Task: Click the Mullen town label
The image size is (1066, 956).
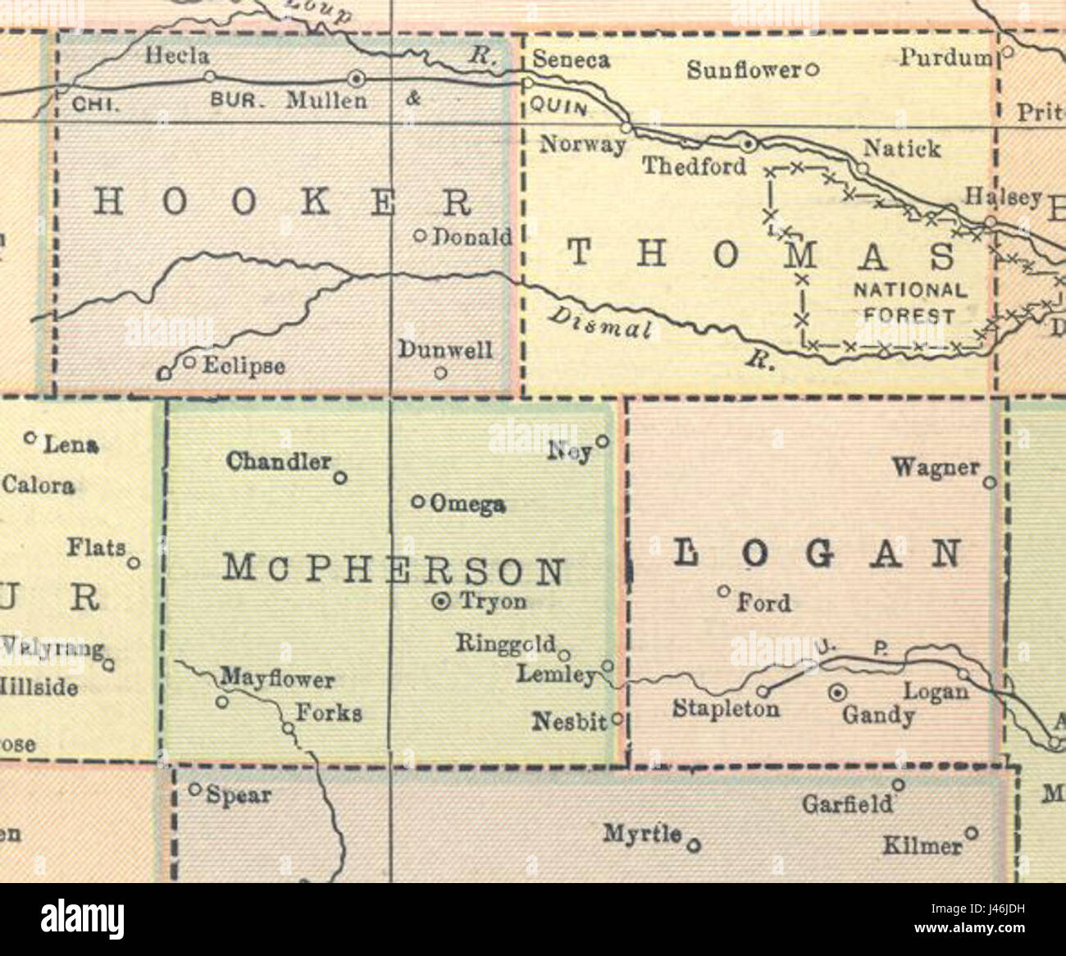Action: [326, 101]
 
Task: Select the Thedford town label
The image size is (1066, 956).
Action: [694, 166]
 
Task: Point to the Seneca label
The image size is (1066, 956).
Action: [571, 60]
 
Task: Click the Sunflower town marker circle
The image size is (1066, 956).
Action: [812, 70]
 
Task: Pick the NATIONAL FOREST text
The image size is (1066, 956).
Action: [910, 303]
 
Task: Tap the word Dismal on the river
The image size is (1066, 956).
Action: [599, 322]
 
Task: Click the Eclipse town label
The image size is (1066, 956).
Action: [244, 366]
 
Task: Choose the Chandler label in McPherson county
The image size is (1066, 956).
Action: [279, 462]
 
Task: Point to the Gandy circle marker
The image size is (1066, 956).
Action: [836, 693]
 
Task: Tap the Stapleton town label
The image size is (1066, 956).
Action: [726, 708]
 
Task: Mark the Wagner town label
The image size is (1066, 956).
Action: [936, 468]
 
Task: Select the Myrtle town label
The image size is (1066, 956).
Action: [642, 834]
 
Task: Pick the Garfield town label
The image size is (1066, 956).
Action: [847, 804]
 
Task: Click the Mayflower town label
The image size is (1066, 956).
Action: [277, 680]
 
